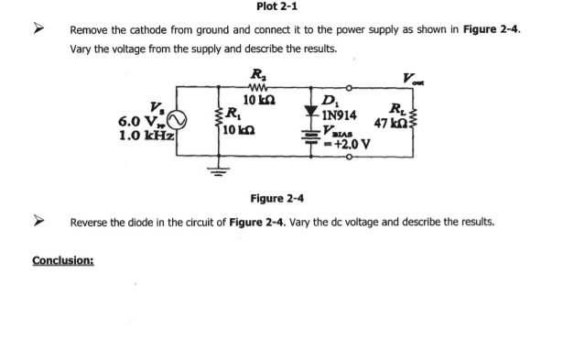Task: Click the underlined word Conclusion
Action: pyautogui.click(x=67, y=260)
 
